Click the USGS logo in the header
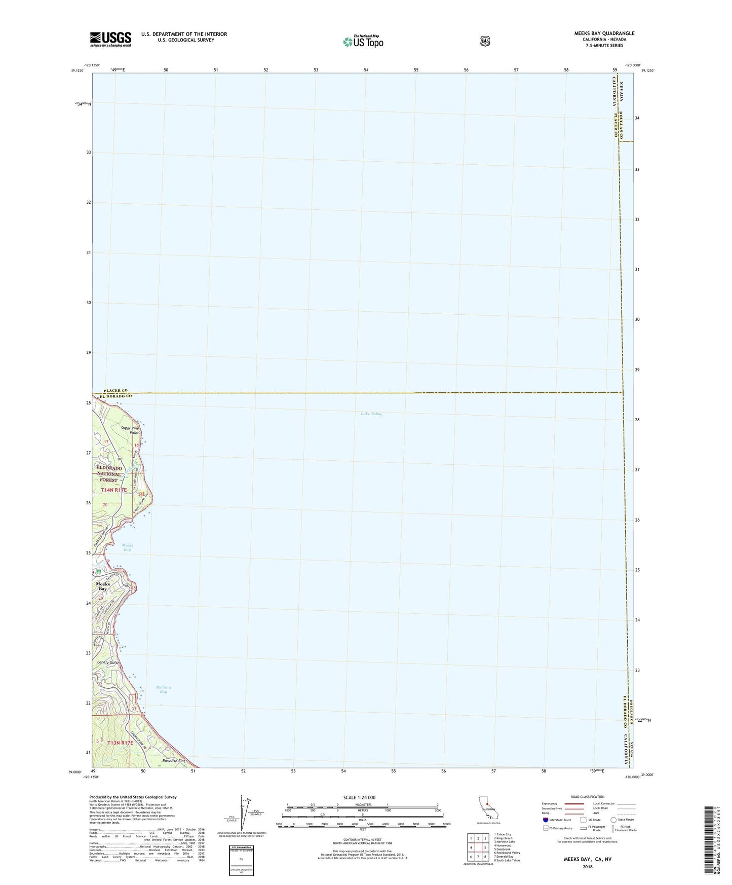pyautogui.click(x=110, y=39)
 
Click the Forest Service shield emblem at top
pyautogui.click(x=485, y=41)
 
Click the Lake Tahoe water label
pyautogui.click(x=371, y=414)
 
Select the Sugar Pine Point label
pyautogui.click(x=130, y=430)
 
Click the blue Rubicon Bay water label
pyautogui.click(x=163, y=689)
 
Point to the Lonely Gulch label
pyautogui.click(x=108, y=662)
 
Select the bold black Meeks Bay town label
pyautogui.click(x=103, y=586)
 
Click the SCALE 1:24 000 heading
pyautogui.click(x=359, y=797)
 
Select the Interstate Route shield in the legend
pyautogui.click(x=545, y=820)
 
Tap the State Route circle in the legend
pyautogui.click(x=613, y=820)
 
